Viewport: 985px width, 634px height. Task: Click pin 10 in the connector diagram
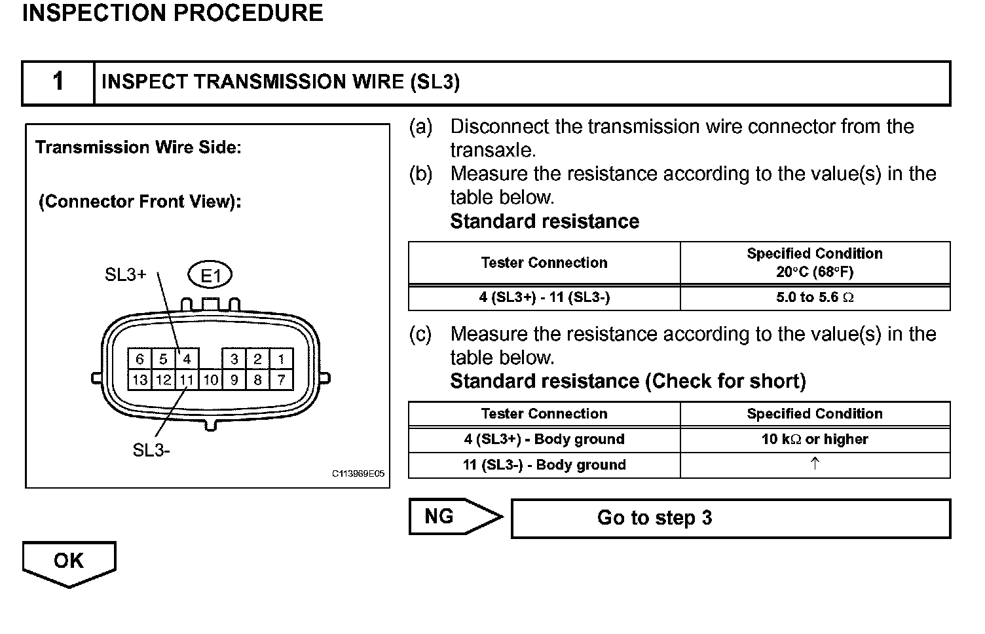coord(210,379)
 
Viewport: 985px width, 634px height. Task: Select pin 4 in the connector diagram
coord(187,359)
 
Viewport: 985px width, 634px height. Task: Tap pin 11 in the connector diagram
coord(187,379)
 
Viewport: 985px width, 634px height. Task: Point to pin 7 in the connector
coord(281,379)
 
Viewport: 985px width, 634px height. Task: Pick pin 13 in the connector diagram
coord(139,379)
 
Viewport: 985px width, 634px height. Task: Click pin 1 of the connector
coord(281,359)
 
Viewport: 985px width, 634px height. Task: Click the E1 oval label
coord(210,276)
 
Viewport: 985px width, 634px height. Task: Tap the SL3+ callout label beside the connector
coord(125,275)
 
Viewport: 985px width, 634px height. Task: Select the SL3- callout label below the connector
coord(151,451)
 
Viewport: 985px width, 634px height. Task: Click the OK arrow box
coord(69,561)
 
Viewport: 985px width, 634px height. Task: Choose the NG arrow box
coord(445,517)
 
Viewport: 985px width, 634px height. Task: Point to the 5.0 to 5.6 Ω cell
coord(815,297)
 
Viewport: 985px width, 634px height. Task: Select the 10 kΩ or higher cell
coord(815,439)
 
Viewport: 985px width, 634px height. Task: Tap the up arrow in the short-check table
coord(815,464)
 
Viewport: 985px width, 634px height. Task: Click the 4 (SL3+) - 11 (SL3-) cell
coord(544,297)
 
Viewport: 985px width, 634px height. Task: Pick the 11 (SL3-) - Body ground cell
coord(544,465)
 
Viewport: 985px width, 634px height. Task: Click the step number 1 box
coord(58,83)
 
